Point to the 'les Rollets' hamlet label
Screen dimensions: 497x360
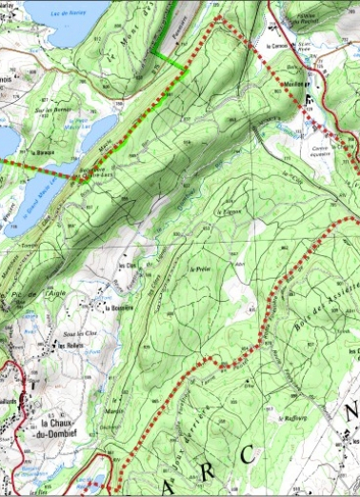(66, 346)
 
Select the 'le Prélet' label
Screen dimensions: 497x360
(199, 269)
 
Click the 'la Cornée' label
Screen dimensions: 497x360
(276, 45)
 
